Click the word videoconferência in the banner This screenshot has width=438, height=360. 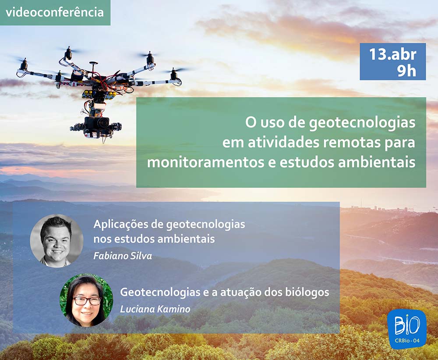pyautogui.click(x=55, y=13)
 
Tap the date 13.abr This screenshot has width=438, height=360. pyautogui.click(x=393, y=54)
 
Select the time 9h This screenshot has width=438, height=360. pyautogui.click(x=407, y=71)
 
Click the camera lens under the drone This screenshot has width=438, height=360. pyautogui.click(x=103, y=122)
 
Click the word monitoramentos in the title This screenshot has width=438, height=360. pyautogui.click(x=205, y=163)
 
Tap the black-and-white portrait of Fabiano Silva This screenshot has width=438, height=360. pyautogui.click(x=57, y=241)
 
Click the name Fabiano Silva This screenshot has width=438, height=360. pyautogui.click(x=123, y=256)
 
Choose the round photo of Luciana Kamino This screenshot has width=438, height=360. pyautogui.click(x=86, y=300)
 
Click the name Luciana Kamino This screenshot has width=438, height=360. pyautogui.click(x=155, y=309)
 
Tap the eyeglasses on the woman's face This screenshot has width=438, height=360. pyautogui.click(x=87, y=301)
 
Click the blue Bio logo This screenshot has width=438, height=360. pyautogui.click(x=407, y=329)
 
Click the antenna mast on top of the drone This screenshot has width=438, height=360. pyautogui.click(x=93, y=68)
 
